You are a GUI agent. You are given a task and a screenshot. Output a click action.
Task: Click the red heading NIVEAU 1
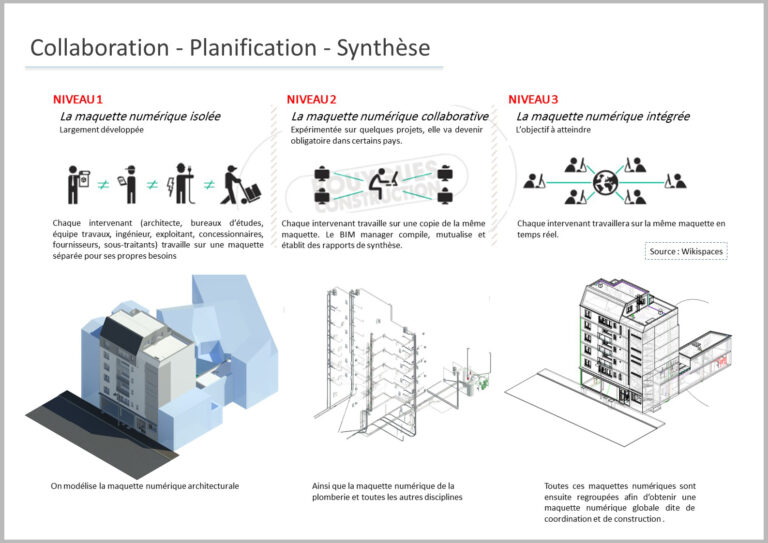[x=79, y=99]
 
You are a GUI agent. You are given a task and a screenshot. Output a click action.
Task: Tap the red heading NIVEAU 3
[x=533, y=99]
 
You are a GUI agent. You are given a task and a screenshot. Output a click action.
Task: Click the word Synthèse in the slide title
[x=383, y=47]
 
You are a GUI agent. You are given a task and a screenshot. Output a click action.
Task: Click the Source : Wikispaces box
[x=685, y=250]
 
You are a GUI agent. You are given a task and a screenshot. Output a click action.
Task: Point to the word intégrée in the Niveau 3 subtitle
[x=662, y=116]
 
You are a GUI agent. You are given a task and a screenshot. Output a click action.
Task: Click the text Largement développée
[x=101, y=130]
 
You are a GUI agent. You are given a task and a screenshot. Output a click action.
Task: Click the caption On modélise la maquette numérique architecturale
[x=145, y=486]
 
